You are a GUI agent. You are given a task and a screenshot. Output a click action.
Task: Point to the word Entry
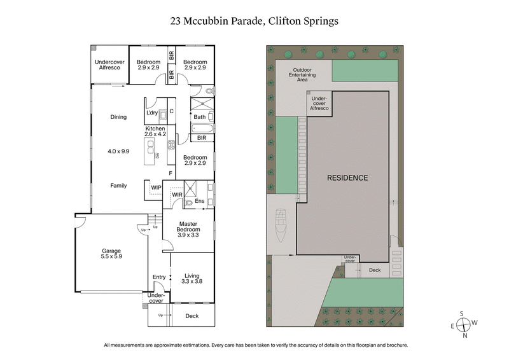(159, 277)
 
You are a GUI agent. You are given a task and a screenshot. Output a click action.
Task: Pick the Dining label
(118, 116)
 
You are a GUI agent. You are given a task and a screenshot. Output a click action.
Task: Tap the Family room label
(118, 186)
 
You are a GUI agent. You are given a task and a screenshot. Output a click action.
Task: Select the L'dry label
(152, 113)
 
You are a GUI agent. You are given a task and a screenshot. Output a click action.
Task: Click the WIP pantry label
(156, 187)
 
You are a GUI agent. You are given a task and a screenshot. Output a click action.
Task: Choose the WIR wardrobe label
(178, 195)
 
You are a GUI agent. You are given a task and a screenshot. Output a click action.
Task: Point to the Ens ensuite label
(199, 202)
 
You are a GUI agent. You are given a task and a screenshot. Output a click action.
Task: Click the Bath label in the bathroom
(199, 116)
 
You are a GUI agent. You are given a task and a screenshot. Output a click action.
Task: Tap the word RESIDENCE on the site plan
(347, 177)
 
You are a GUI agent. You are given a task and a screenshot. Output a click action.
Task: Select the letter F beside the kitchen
(170, 173)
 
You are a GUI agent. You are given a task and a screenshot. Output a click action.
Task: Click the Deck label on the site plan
(375, 270)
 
